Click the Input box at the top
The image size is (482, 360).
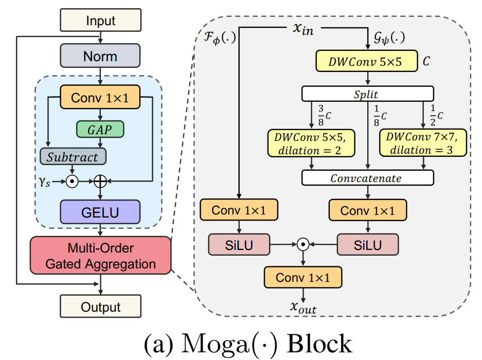point(100,21)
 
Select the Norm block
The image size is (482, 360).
point(100,56)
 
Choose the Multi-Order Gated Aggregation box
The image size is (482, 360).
point(100,256)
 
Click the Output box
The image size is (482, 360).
point(100,307)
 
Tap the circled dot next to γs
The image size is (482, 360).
point(73,181)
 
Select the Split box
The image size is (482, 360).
point(367,94)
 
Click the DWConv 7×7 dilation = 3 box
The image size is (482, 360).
point(423,142)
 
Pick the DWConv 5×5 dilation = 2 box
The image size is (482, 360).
point(311,142)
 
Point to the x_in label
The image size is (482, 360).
point(303,29)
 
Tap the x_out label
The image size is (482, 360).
point(303,308)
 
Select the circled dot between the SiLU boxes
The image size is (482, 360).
point(304,245)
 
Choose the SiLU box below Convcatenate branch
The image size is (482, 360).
point(367,245)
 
